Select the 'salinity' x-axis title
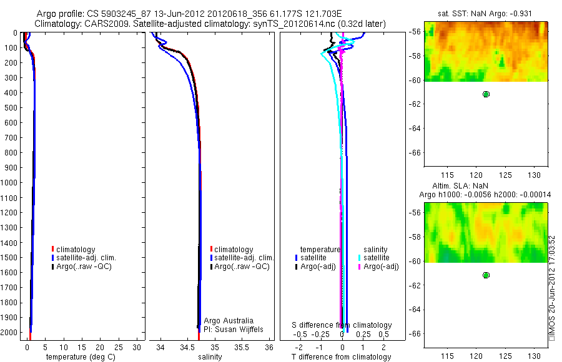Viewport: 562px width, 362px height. point(210,357)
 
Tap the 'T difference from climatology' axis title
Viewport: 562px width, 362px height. point(341,357)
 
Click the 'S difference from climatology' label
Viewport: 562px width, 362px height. point(342,325)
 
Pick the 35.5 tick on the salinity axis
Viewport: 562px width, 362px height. point(242,347)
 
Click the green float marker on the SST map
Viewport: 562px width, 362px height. point(486,94)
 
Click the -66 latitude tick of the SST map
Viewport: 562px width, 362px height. point(415,153)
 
